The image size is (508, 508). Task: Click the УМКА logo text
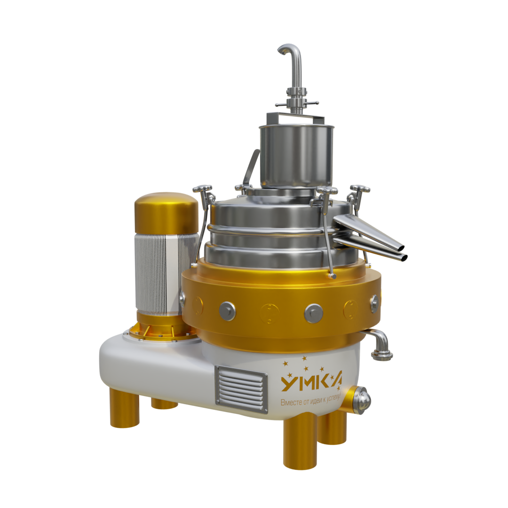click(x=311, y=383)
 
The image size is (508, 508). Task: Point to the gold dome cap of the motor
click(x=167, y=213)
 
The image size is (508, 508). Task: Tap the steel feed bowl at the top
click(x=296, y=156)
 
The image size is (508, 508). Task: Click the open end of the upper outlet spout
click(x=401, y=248)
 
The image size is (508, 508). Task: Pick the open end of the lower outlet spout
click(x=404, y=258)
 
